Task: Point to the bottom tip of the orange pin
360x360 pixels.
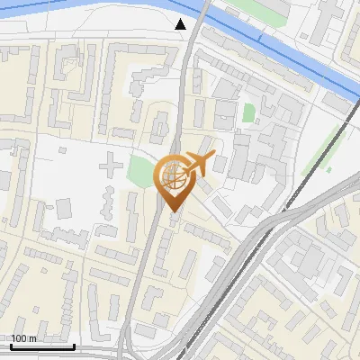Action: (x=172, y=212)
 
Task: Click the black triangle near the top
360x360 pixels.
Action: (x=181, y=23)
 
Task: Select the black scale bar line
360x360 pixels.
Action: (x=42, y=346)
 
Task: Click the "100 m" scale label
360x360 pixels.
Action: (x=23, y=338)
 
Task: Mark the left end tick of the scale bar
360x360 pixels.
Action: (x=11, y=344)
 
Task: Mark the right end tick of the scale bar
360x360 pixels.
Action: (x=74, y=344)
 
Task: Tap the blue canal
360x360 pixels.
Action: (x=270, y=45)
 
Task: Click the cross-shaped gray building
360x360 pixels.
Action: (x=109, y=165)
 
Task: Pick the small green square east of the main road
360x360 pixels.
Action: (x=248, y=112)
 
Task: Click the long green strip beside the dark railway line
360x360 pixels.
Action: (x=319, y=157)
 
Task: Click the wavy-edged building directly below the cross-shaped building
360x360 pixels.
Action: (x=107, y=203)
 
